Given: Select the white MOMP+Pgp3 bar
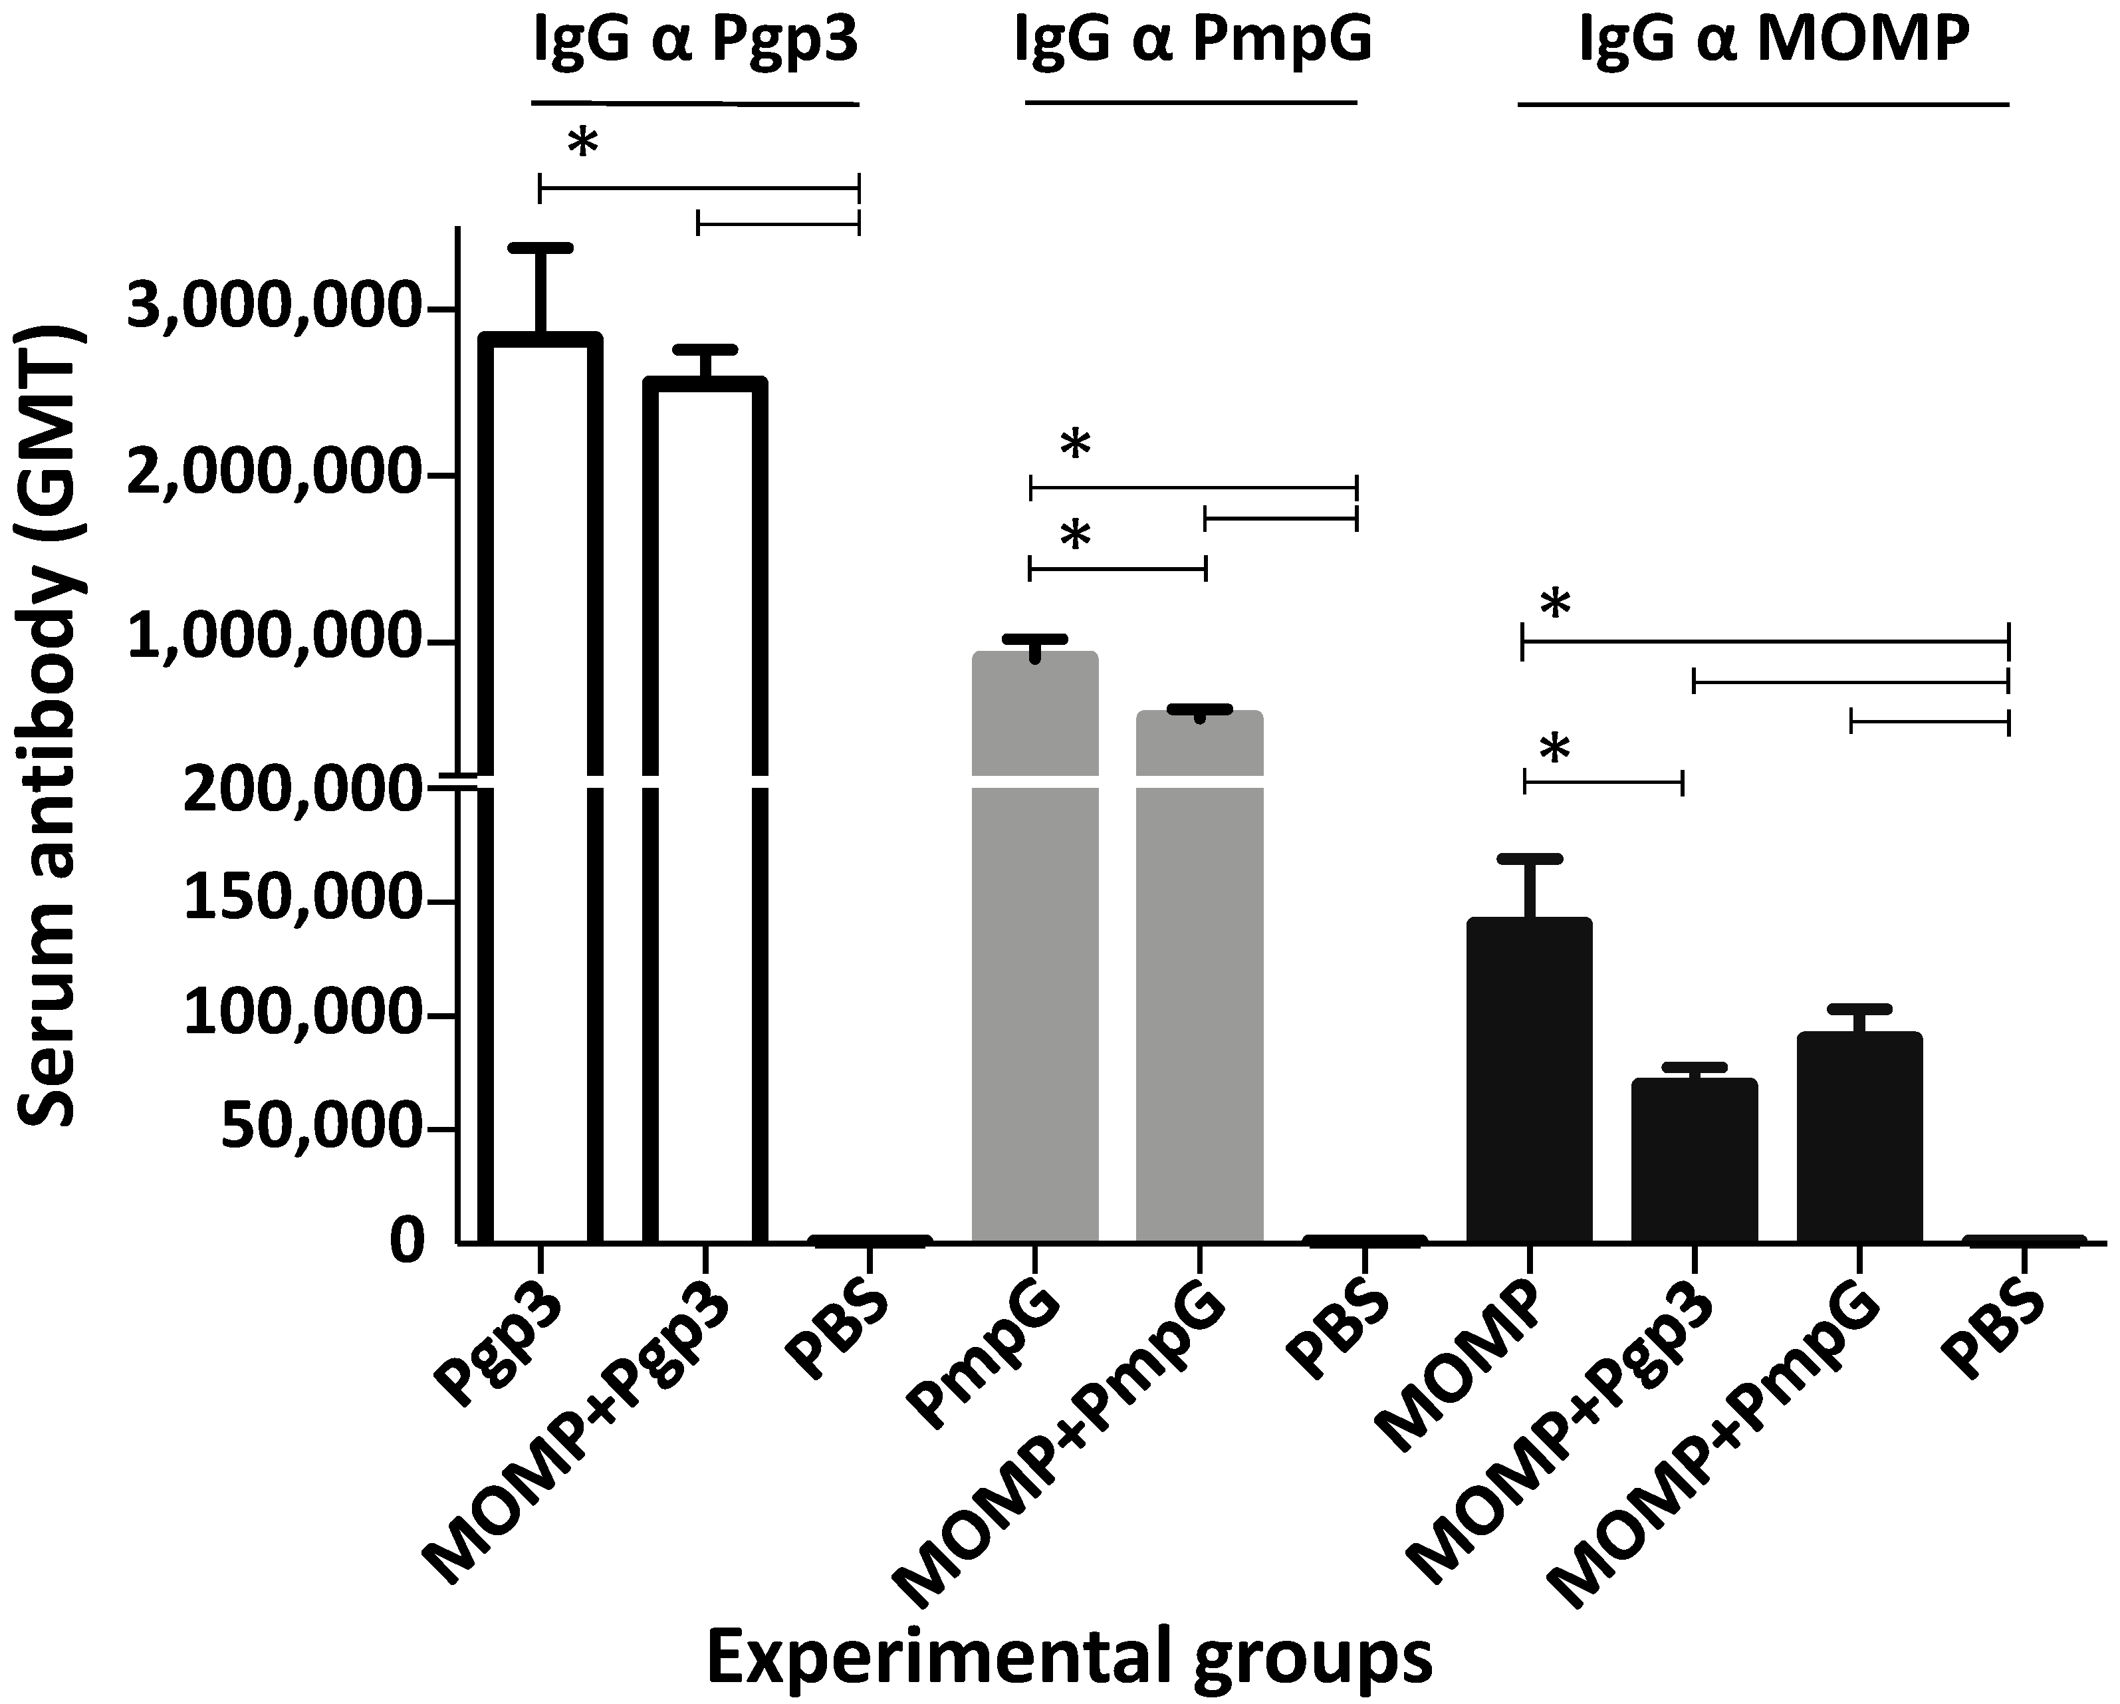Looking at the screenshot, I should (x=705, y=806).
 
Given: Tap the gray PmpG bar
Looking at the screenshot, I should (x=1034, y=944).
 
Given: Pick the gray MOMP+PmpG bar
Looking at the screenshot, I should (x=1199, y=973).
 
